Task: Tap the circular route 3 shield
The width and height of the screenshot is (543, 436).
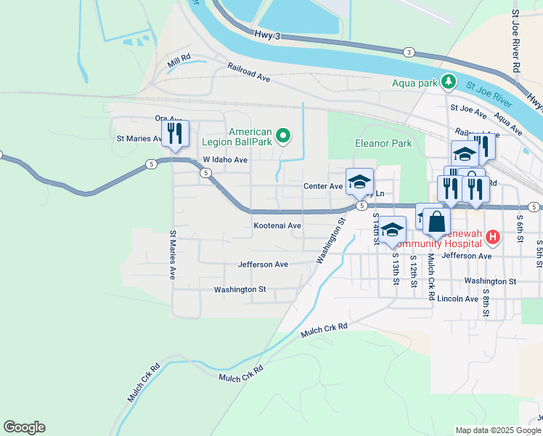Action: pyautogui.click(x=409, y=52)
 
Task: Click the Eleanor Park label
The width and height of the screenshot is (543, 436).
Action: pyautogui.click(x=383, y=144)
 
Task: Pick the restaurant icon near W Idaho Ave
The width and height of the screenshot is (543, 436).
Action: pyautogui.click(x=175, y=133)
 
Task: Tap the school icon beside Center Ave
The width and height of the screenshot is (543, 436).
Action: pyautogui.click(x=359, y=182)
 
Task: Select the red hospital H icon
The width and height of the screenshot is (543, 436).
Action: pyautogui.click(x=493, y=237)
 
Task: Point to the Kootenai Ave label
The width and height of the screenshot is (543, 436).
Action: pyautogui.click(x=277, y=226)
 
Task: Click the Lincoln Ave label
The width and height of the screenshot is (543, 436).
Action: pyautogui.click(x=457, y=299)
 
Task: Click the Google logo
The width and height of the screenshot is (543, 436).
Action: pyautogui.click(x=24, y=427)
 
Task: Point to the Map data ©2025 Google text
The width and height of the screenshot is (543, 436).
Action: pyautogui.click(x=498, y=430)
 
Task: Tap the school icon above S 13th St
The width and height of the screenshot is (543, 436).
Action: pyautogui.click(x=393, y=230)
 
